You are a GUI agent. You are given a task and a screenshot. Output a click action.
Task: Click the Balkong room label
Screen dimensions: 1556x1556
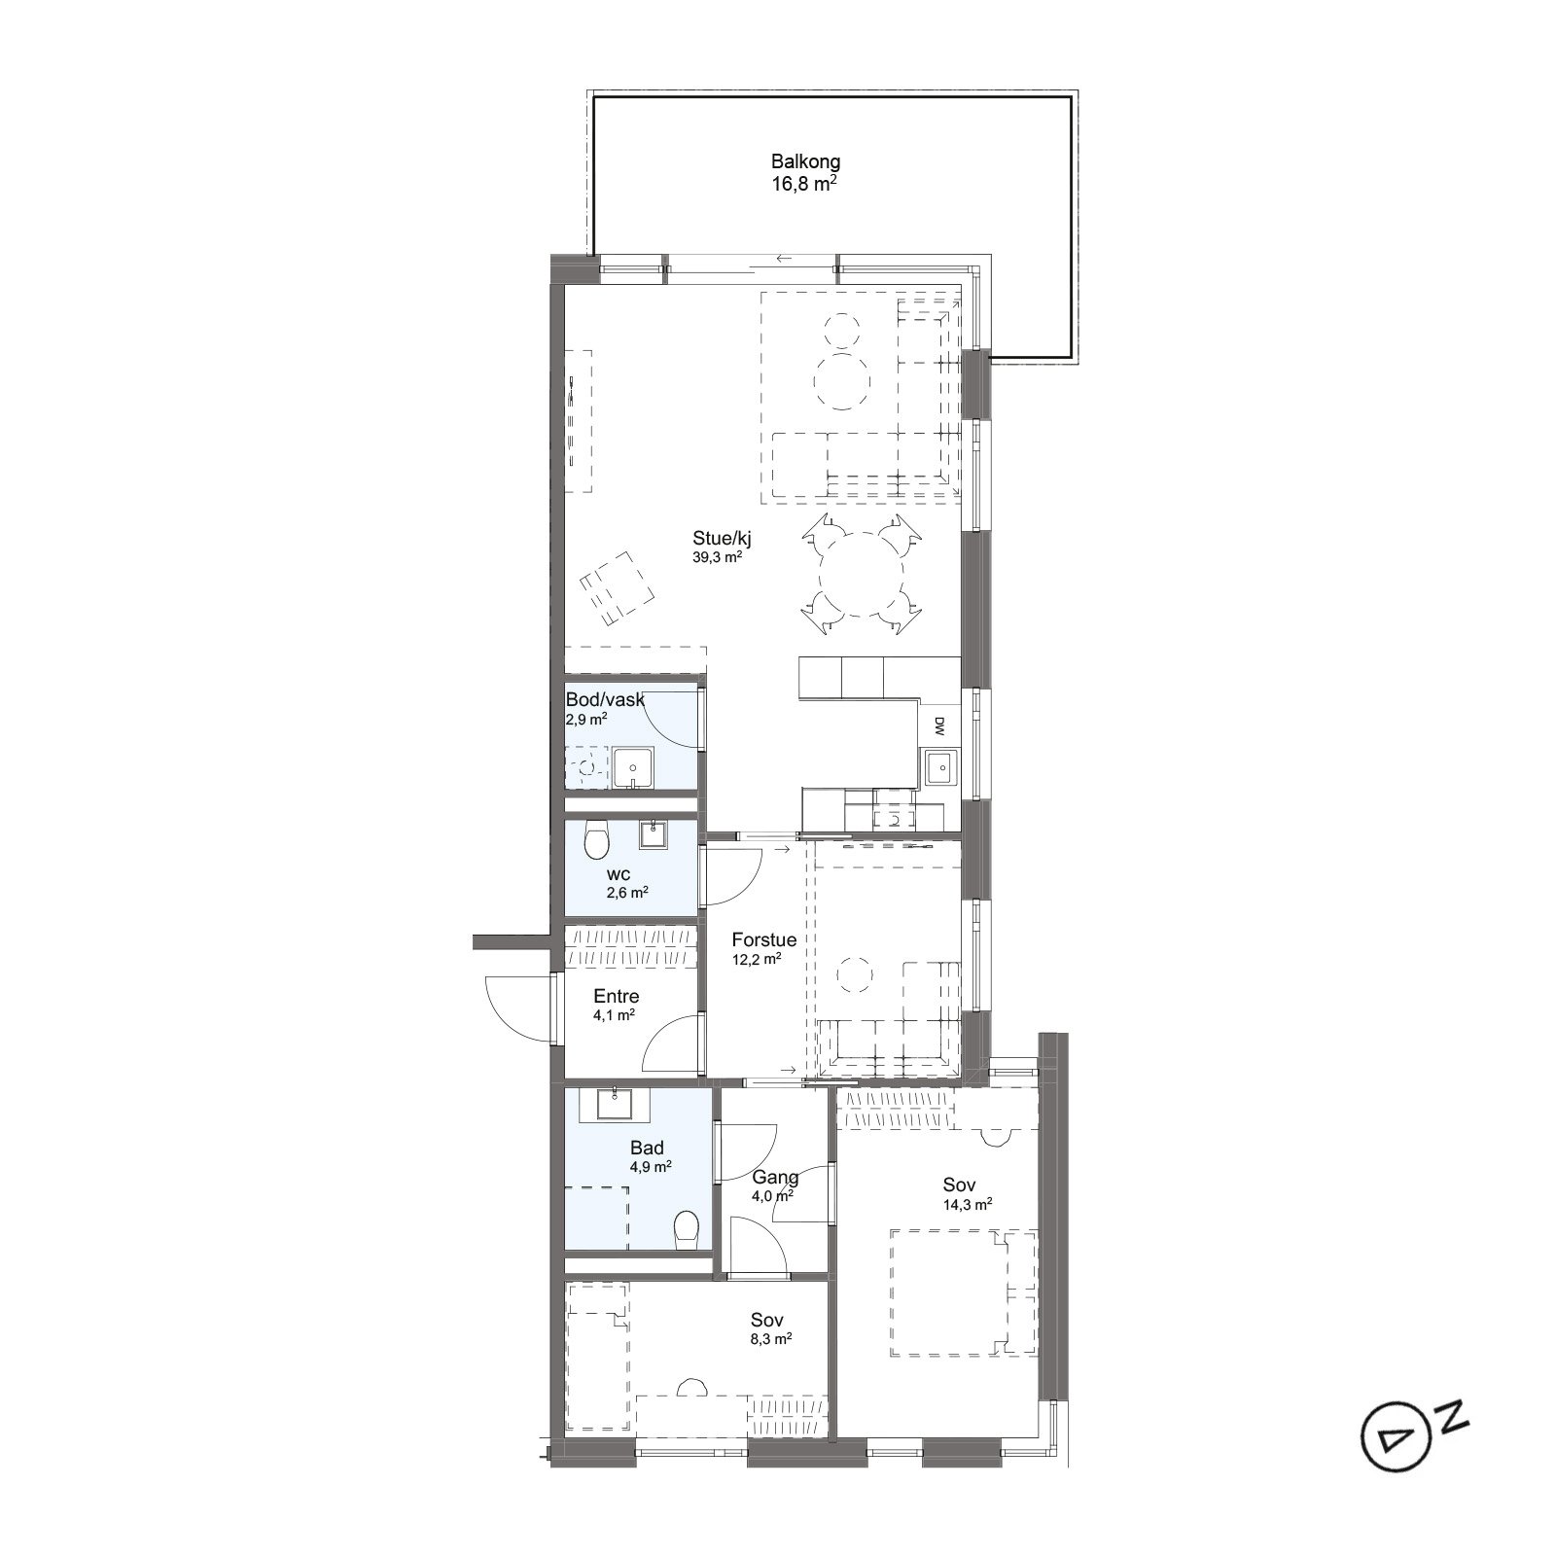pos(805,162)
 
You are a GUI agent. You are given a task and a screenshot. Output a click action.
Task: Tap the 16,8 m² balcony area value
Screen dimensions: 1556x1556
pos(805,183)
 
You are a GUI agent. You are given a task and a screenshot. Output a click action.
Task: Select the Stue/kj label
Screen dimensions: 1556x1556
pos(722,538)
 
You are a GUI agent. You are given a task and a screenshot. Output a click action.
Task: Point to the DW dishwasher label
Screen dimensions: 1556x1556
pos(939,725)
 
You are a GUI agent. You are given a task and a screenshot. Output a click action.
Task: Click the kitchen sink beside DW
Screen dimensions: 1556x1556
pos(939,768)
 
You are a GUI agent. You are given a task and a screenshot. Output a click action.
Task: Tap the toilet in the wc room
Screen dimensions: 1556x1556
pos(596,839)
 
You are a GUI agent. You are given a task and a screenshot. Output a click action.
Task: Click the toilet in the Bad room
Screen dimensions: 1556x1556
pos(687,1228)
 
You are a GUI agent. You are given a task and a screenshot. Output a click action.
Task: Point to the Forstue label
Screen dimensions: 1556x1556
pos(764,940)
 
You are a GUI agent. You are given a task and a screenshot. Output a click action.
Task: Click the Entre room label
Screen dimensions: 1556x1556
pos(616,997)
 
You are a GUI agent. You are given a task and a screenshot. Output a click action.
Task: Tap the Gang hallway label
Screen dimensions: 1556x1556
pos(775,1178)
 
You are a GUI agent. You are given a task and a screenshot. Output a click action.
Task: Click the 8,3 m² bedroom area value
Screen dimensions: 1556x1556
pos(770,1339)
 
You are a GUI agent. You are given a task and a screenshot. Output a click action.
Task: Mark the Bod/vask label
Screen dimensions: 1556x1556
pos(605,699)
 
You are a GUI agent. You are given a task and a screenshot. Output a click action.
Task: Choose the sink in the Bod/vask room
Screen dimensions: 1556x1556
pos(633,768)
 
